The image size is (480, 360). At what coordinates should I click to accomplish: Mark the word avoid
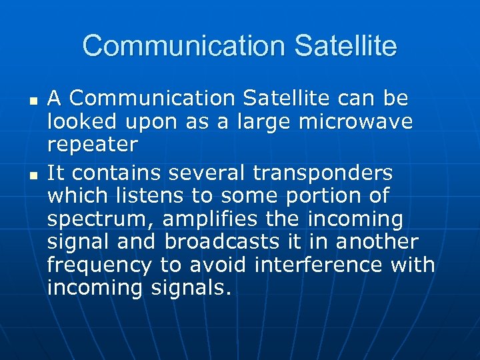click(218, 265)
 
